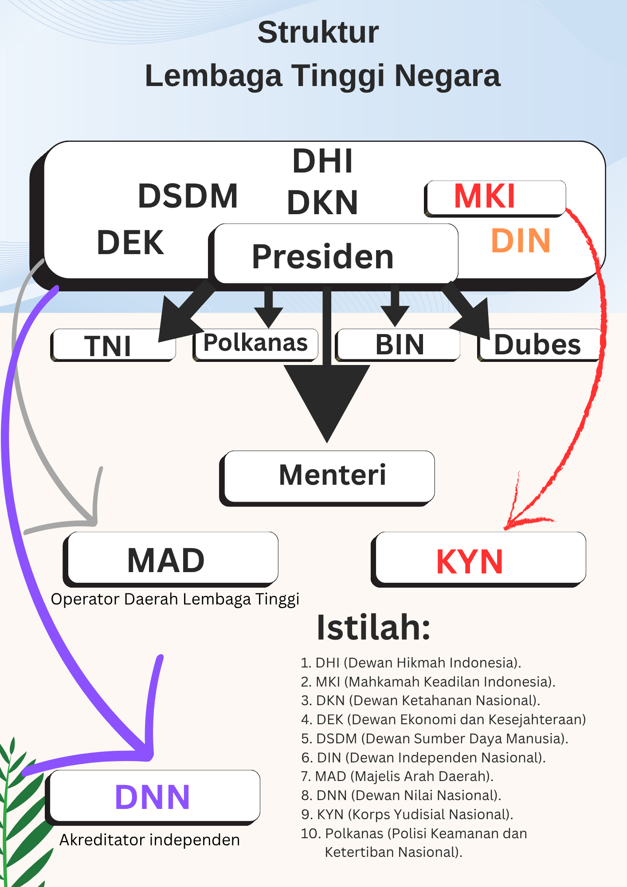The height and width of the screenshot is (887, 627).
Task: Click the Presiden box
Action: coord(335,255)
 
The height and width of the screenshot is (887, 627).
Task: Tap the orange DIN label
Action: coord(521,241)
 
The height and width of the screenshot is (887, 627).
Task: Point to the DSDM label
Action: coord(188,196)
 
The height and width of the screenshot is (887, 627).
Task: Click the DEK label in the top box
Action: coord(130,243)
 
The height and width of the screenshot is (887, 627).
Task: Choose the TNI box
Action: coord(113,345)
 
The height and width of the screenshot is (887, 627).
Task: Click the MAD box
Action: coord(172,559)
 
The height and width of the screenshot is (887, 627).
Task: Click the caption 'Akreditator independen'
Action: coord(150,840)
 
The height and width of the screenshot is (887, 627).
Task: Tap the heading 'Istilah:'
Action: coord(373,628)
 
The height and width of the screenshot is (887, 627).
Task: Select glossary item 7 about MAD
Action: coord(397,776)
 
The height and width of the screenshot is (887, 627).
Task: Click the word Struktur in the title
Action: coord(318,32)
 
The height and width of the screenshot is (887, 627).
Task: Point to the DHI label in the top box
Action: coord(322,161)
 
